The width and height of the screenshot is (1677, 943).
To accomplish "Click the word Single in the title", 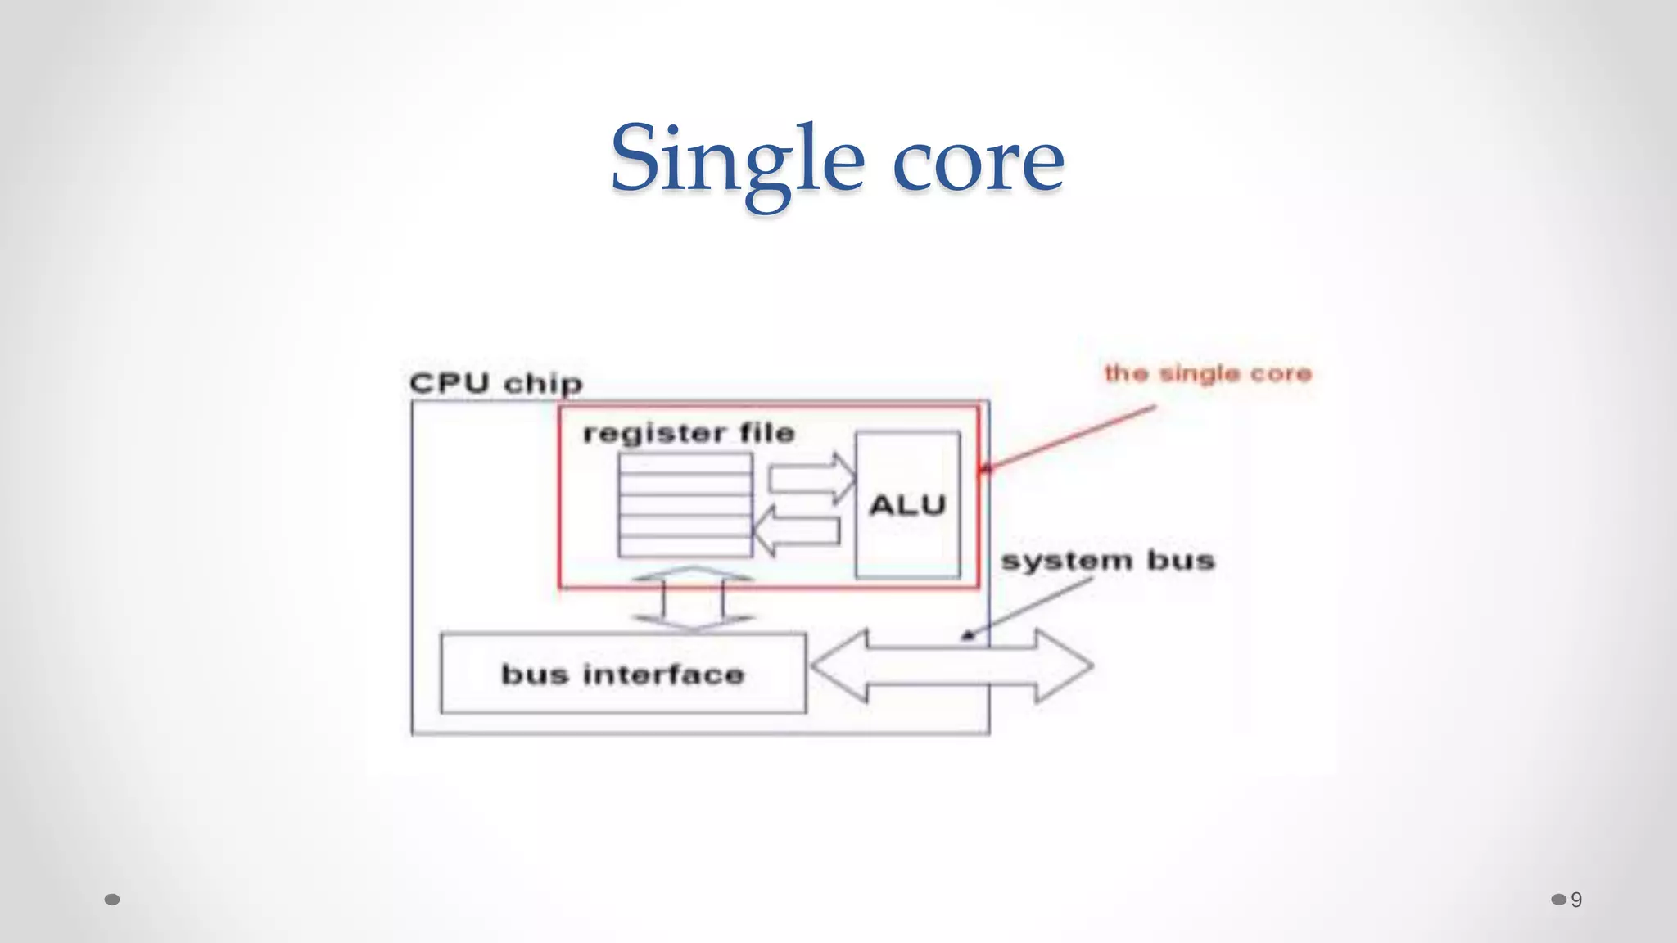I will tap(737, 160).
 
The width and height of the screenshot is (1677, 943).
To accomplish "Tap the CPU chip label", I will tap(495, 383).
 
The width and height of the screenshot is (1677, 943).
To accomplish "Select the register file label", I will tap(689, 433).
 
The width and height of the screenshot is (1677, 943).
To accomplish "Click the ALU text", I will tap(907, 505).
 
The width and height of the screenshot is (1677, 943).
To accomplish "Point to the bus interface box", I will tap(622, 673).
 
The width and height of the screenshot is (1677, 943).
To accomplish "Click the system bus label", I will tap(1107, 561).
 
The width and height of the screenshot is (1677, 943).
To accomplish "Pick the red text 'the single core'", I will tap(1208, 373).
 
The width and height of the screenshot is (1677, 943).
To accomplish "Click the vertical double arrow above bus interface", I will tap(692, 598).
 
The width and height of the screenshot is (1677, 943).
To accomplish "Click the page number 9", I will tap(1576, 900).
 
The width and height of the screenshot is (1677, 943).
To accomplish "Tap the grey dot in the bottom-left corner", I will tap(113, 900).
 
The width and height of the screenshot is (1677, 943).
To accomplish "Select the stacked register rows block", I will tap(685, 505).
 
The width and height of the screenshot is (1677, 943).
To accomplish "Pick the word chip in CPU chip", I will tap(542, 383).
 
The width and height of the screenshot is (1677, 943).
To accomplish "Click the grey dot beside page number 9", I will tap(1558, 900).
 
